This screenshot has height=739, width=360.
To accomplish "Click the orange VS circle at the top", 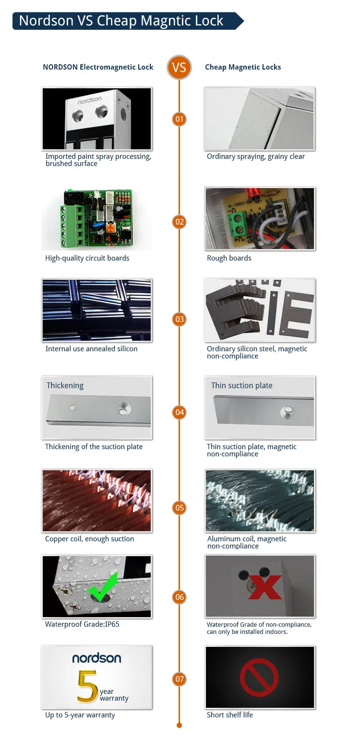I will (179, 67).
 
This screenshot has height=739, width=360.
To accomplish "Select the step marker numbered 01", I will (179, 119).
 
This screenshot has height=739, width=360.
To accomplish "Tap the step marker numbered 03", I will (179, 319).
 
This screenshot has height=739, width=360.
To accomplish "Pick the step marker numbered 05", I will (179, 508).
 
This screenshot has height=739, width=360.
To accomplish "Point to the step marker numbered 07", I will (179, 679).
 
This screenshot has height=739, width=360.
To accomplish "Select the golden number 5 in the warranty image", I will (87, 687).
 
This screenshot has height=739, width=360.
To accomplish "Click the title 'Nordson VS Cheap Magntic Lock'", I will (121, 21).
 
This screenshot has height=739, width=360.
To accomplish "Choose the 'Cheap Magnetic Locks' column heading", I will (243, 67).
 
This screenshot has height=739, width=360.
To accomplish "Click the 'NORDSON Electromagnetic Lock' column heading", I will (98, 67).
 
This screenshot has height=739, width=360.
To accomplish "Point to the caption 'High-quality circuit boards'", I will (87, 258).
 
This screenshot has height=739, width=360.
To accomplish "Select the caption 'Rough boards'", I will (229, 258).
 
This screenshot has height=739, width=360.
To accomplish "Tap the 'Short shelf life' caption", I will (229, 715).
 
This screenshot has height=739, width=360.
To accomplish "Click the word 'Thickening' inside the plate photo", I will (65, 385).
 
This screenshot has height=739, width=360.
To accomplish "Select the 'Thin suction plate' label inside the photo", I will (241, 385).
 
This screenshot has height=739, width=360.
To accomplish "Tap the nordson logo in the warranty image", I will (96, 658).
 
